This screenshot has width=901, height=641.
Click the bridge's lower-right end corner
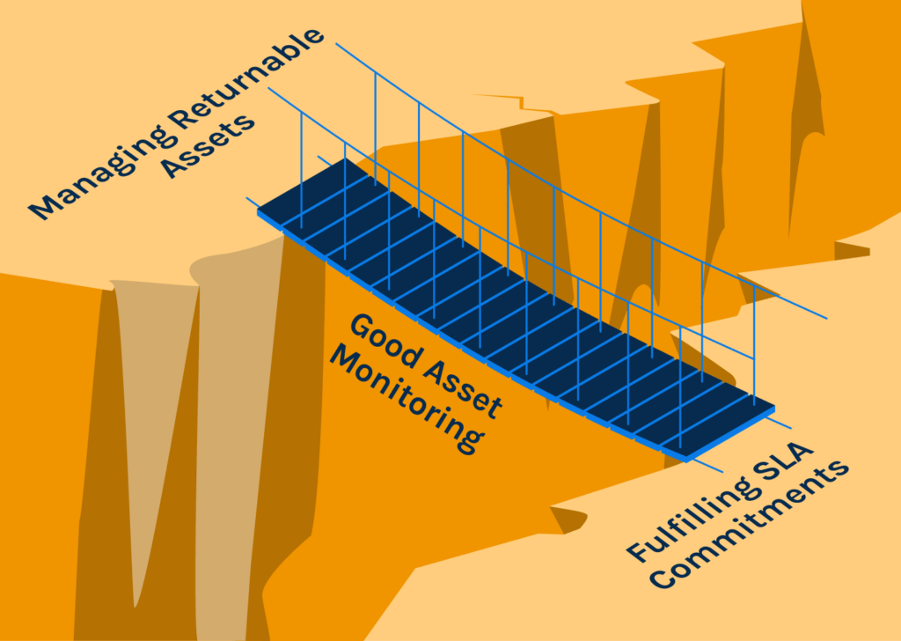click(x=686, y=457)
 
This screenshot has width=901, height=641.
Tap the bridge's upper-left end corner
click(x=259, y=211)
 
